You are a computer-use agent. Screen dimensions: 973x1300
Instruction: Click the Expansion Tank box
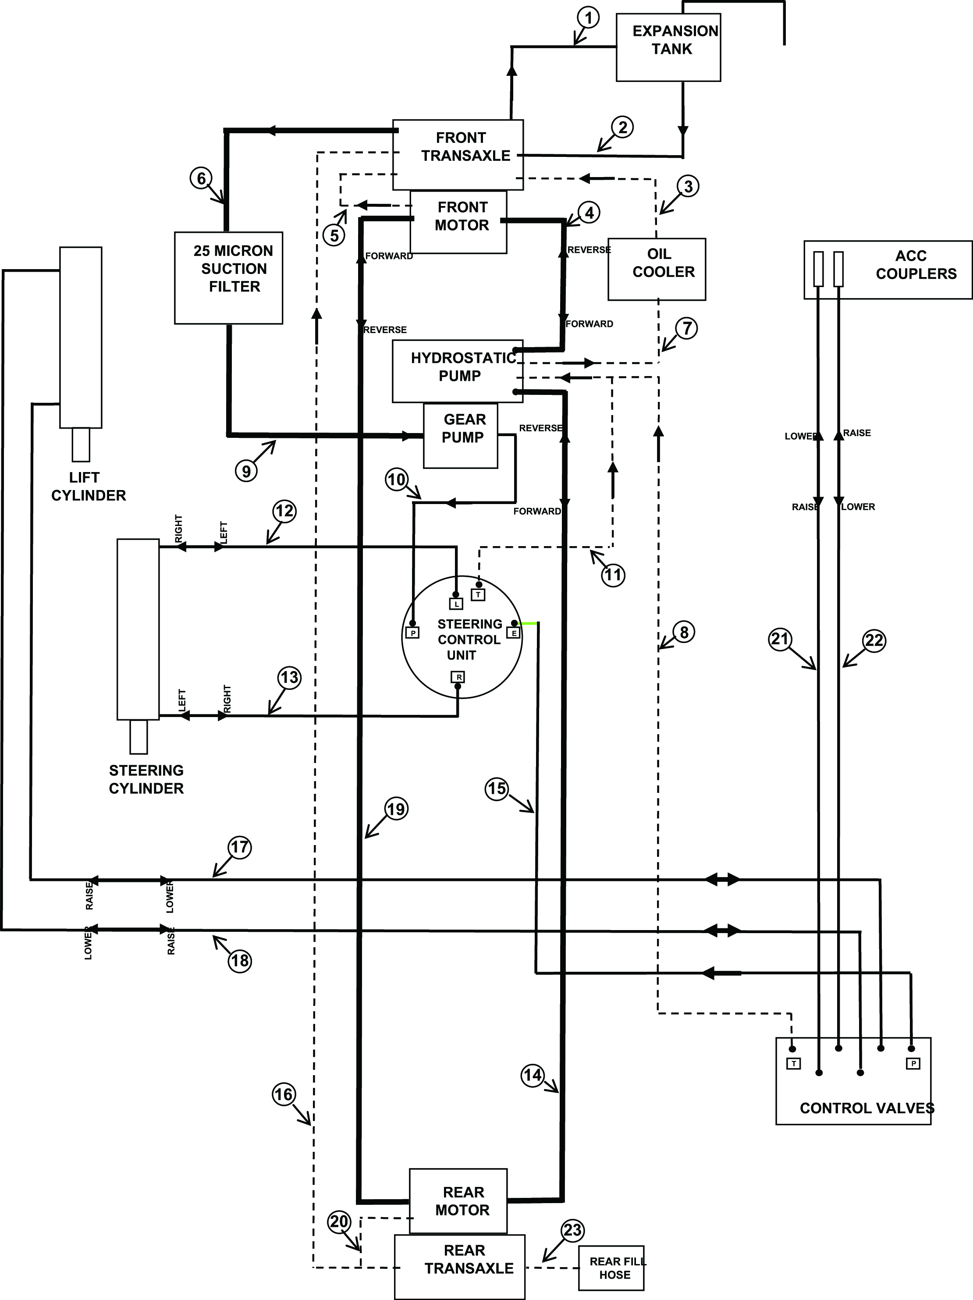668,48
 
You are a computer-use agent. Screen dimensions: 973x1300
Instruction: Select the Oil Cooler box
656,269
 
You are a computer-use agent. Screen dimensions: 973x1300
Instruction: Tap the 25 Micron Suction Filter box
228,277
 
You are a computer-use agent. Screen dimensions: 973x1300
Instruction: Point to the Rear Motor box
458,1201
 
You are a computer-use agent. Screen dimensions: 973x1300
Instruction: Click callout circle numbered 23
572,1229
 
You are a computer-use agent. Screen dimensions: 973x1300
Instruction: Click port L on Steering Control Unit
456,604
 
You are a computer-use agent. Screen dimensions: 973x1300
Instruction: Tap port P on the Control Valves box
913,1063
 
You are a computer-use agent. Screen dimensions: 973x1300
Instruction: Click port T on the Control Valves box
793,1063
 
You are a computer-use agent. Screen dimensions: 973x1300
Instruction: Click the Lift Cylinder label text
88,487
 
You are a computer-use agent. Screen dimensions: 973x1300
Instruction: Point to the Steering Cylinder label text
146,779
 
